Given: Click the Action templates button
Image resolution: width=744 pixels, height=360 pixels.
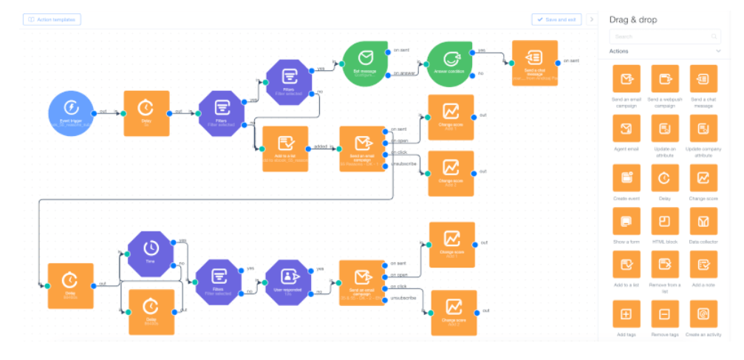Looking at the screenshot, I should (52, 19).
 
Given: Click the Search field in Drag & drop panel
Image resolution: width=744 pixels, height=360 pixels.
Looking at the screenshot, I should (663, 36).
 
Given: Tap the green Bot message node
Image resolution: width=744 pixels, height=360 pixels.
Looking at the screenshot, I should (364, 60).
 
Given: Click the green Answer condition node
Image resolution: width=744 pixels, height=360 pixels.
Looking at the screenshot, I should (451, 60).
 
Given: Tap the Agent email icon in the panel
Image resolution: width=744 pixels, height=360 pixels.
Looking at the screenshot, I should (627, 129).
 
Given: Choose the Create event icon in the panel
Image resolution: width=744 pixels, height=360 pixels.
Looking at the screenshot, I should (627, 178).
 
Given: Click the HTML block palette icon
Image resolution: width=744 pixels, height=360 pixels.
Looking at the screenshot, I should (665, 221).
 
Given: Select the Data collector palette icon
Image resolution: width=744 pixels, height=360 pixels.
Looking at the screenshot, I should (703, 221).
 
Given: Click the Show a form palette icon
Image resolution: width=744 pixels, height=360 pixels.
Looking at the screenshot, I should (627, 221).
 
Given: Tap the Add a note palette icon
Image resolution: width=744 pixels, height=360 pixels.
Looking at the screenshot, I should (703, 264).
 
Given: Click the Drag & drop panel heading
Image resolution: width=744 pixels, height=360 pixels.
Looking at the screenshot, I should (632, 19).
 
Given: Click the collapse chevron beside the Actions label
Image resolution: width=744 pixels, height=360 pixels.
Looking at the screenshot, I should (718, 51).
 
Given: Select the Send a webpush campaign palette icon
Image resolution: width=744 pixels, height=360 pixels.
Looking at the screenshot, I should (665, 79).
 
